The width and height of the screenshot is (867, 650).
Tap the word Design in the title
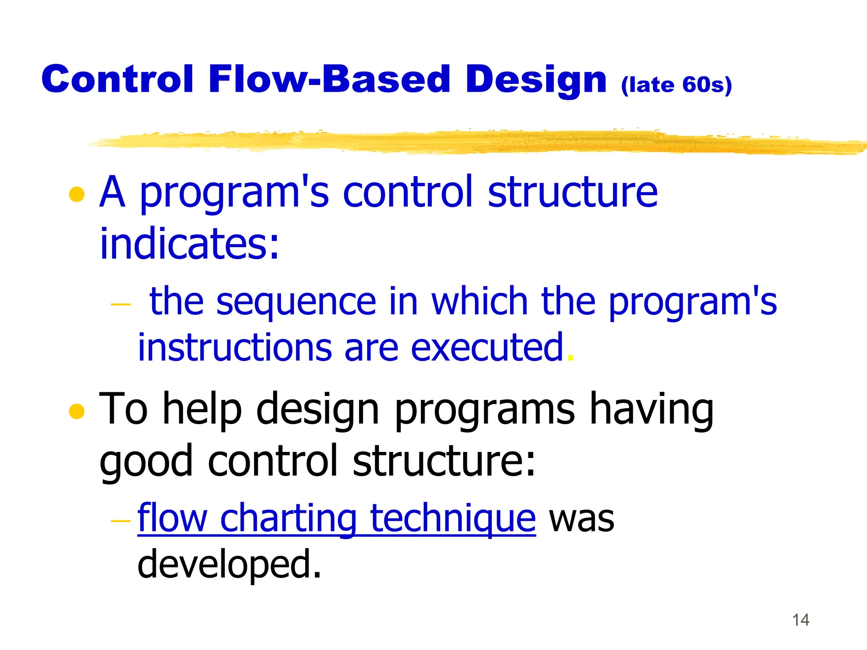click(536, 80)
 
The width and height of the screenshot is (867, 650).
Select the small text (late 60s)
click(676, 85)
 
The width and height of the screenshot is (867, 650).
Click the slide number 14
click(800, 620)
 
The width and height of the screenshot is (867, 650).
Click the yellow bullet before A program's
click(77, 195)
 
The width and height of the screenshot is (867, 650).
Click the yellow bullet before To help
click(77, 411)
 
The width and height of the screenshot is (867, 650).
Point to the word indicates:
click(189, 244)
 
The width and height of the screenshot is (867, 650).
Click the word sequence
click(296, 301)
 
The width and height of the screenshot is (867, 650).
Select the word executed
click(487, 348)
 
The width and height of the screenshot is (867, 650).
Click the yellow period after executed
click(570, 358)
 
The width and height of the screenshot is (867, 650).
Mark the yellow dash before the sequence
click(120, 304)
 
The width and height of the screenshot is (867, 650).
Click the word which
click(479, 301)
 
